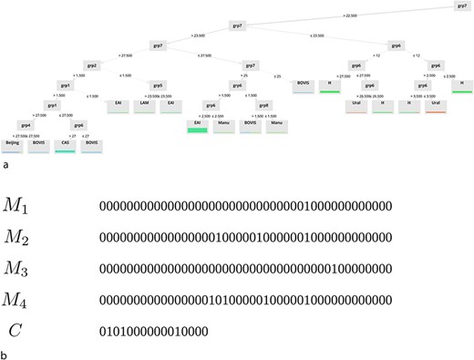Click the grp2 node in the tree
(x=91, y=66)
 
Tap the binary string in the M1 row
(x=246, y=207)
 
